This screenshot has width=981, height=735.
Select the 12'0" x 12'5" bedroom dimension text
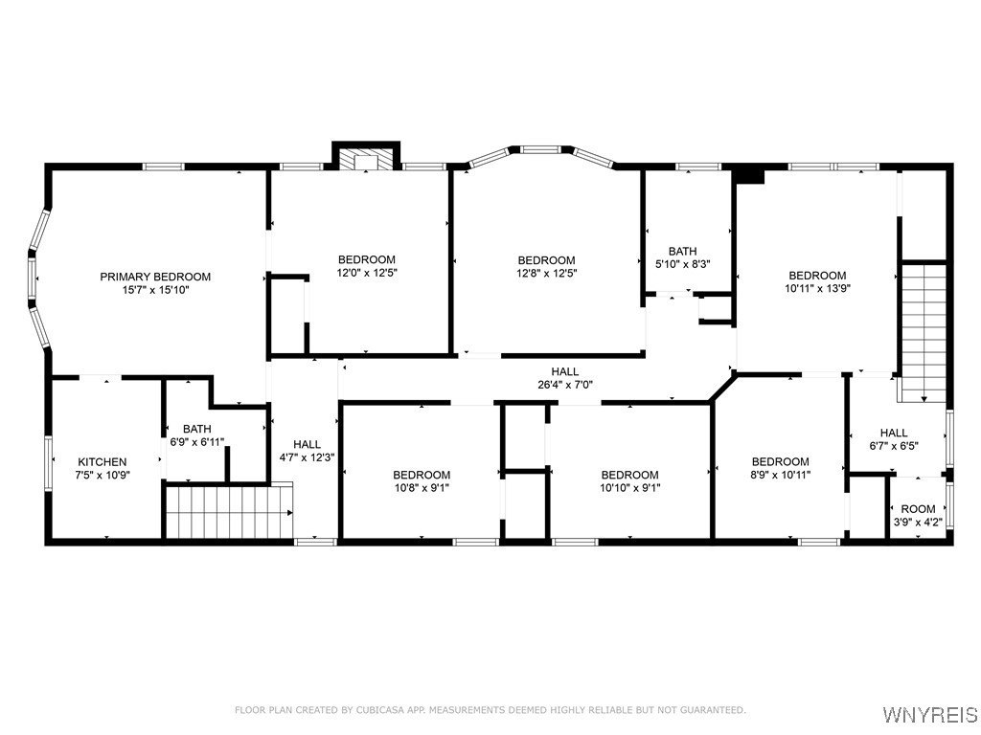tap(367, 273)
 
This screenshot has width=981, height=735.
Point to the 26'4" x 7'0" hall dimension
tap(565, 385)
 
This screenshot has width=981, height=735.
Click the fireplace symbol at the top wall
tap(365, 159)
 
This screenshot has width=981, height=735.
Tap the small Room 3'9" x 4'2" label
tap(918, 515)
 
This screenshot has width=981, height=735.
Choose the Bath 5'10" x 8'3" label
tap(682, 257)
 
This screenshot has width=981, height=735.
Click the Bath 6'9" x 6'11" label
tap(197, 435)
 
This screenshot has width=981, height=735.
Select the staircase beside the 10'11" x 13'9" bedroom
tap(923, 333)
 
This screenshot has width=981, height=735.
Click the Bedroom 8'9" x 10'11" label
tap(781, 467)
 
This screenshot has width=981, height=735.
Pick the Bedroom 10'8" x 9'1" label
tap(422, 481)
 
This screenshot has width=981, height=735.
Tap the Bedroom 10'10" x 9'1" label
tap(630, 481)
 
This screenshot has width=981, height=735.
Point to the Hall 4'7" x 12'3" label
tap(308, 451)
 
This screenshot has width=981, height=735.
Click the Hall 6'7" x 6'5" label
tap(894, 438)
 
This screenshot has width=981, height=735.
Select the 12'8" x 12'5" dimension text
tap(547, 273)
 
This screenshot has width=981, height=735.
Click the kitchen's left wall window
tap(48, 462)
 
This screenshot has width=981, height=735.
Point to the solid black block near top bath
tap(749, 174)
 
